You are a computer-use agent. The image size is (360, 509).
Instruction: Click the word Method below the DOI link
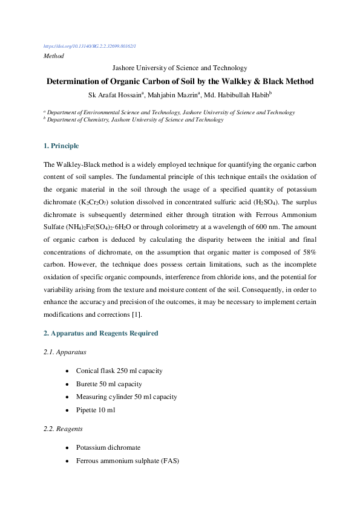54,56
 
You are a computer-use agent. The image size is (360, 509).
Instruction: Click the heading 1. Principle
61,146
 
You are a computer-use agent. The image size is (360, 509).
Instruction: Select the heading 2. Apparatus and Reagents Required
101,333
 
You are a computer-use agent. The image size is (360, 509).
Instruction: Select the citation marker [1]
136,315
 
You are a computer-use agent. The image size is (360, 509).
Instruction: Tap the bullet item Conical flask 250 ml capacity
119,371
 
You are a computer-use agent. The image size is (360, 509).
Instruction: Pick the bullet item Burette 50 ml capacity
109,384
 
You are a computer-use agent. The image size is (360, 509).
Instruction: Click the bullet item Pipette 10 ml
95,410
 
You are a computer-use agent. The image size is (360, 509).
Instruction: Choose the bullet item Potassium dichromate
108,448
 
